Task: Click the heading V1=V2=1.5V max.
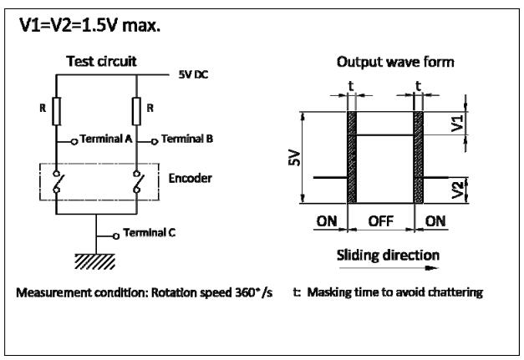pos(90,25)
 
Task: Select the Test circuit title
pos(101,61)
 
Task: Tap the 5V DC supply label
pos(193,74)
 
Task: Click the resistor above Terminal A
pos(57,111)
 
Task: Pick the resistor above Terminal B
pos(136,111)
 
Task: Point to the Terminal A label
pos(106,139)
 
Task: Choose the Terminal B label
pos(187,139)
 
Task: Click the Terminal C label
pos(149,232)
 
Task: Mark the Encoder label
pos(190,179)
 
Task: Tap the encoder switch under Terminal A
pos(57,182)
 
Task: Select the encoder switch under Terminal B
pos(137,182)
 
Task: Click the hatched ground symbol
pos(95,261)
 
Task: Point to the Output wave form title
pos(395,62)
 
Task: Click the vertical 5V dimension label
pos(294,158)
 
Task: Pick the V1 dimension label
pos(457,124)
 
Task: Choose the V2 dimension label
pos(457,190)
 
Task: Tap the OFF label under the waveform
pos(380,221)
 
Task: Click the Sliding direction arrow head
pos(433,268)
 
